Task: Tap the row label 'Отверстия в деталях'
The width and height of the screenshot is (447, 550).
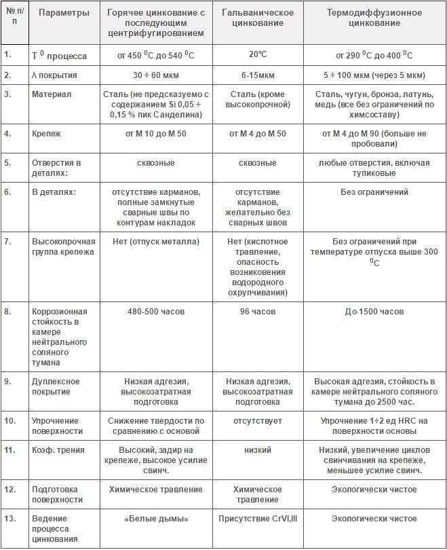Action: pos(56,168)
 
